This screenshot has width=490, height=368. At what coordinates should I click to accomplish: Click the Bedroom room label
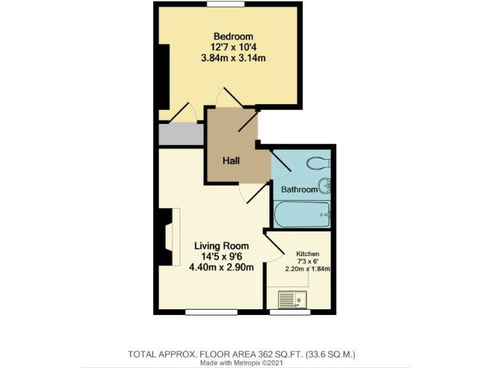(233, 36)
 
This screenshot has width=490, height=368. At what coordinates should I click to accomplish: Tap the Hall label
(231, 160)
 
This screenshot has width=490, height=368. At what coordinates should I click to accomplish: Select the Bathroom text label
(299, 189)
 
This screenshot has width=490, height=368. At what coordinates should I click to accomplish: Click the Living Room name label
(221, 245)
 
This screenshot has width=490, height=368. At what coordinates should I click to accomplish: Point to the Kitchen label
(308, 254)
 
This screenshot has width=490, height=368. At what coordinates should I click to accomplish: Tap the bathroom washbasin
(325, 186)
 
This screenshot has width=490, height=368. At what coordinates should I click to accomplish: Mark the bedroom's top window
(225, 4)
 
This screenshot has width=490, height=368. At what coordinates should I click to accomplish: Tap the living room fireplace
(168, 236)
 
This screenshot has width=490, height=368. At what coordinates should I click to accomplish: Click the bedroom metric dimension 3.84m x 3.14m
(233, 58)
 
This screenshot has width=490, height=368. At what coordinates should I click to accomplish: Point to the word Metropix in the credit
(249, 362)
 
